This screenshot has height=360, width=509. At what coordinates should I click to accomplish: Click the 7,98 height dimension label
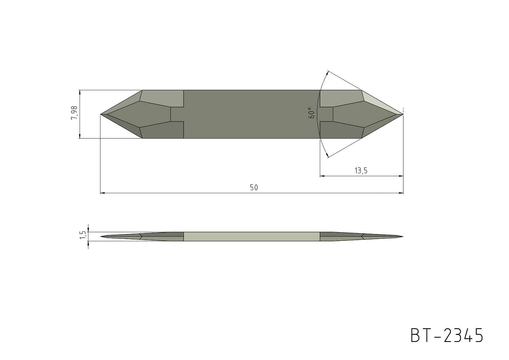point(74,113)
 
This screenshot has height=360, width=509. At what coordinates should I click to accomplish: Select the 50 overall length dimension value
point(254,187)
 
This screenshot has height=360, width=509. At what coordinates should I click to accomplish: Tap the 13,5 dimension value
point(361,170)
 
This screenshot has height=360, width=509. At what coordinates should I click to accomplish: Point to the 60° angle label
point(312,113)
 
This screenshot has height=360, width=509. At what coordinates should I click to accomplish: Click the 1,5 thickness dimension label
point(83,235)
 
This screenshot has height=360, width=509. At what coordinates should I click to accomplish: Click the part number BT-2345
point(447,336)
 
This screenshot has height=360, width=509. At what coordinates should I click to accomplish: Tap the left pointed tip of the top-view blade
point(101,114)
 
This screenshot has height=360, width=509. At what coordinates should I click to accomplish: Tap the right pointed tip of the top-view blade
point(403,114)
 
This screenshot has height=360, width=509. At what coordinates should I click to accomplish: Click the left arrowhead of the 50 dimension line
point(102,193)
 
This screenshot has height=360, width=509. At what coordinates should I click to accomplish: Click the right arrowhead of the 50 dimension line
point(401,193)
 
